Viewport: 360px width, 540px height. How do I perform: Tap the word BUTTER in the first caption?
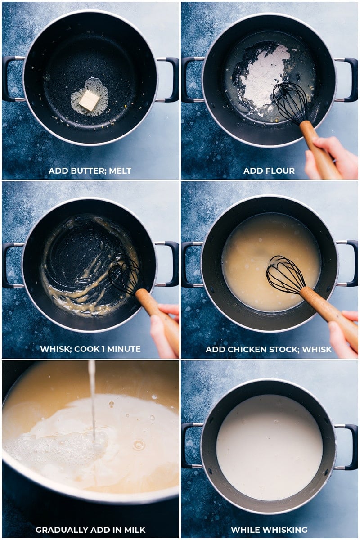pyautogui.click(x=89, y=171)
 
